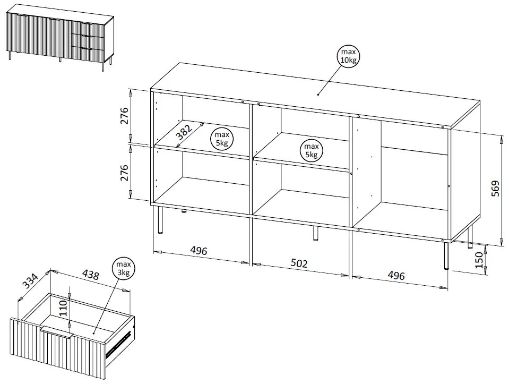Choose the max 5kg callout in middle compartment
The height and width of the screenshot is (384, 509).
pyautogui.click(x=312, y=151)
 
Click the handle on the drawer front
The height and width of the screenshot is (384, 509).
pyautogui.click(x=57, y=331)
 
